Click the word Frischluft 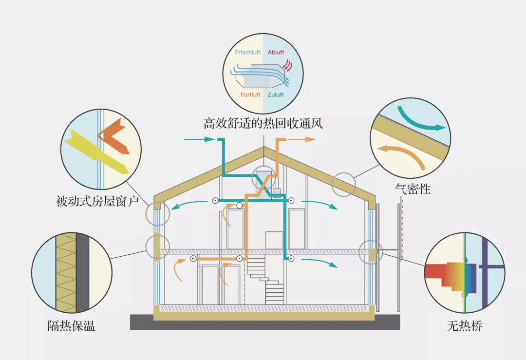pyautogui.click(x=248, y=52)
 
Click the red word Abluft pyautogui.click(x=276, y=52)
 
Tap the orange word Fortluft pyautogui.click(x=251, y=95)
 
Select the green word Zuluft pyautogui.click(x=276, y=95)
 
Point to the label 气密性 pyautogui.click(x=412, y=189)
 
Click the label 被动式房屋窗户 pyautogui.click(x=98, y=200)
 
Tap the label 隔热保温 pyautogui.click(x=71, y=326)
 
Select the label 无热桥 pyautogui.click(x=465, y=326)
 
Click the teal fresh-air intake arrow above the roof pyautogui.click(x=199, y=140)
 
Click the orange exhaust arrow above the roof pyautogui.click(x=303, y=139)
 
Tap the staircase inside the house pyautogui.click(x=266, y=280)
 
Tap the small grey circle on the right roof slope pyautogui.click(x=344, y=185)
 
